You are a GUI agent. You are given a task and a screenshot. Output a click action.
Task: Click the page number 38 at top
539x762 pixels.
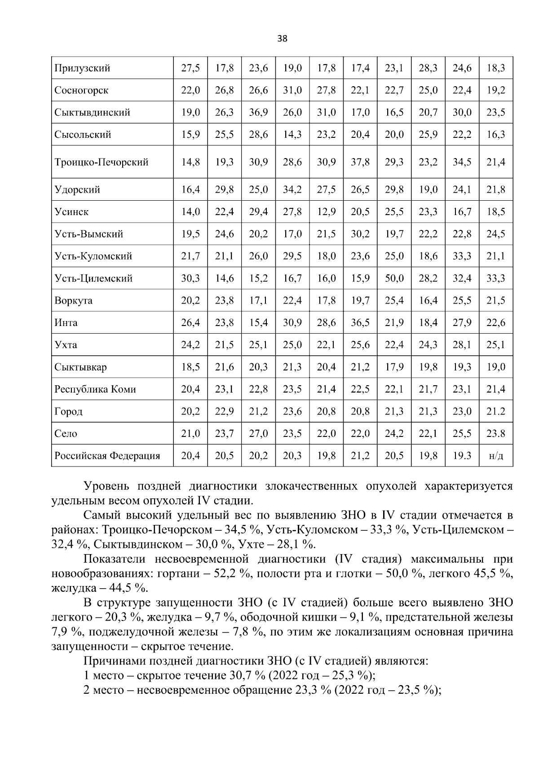click(282, 39)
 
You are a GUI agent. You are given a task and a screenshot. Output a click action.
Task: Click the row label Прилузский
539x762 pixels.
click(82, 68)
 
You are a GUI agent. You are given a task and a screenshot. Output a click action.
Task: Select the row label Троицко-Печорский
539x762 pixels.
click(101, 162)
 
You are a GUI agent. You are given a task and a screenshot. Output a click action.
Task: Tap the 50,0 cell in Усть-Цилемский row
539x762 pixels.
click(394, 278)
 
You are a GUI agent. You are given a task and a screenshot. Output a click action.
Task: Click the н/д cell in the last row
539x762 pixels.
click(496, 456)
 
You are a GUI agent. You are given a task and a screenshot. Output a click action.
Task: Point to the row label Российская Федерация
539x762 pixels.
click(107, 456)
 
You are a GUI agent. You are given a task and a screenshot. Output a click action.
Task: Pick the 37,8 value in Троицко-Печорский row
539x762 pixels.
click(360, 162)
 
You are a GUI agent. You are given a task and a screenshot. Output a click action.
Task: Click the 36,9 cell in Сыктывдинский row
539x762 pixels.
click(258, 112)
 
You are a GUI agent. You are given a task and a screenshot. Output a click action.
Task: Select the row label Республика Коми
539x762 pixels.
click(95, 389)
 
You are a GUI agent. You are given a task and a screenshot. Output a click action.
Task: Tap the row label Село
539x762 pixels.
click(66, 434)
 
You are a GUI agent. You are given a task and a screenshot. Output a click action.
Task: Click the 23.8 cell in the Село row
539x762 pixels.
click(496, 434)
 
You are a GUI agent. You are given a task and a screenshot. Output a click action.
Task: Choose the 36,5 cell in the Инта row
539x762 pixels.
click(360, 323)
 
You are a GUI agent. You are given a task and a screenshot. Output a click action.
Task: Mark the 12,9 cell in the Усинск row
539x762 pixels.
click(326, 212)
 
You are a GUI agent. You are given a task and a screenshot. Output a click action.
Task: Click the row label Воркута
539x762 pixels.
click(73, 301)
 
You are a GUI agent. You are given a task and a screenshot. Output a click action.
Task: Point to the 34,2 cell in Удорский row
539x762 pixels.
click(292, 189)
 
